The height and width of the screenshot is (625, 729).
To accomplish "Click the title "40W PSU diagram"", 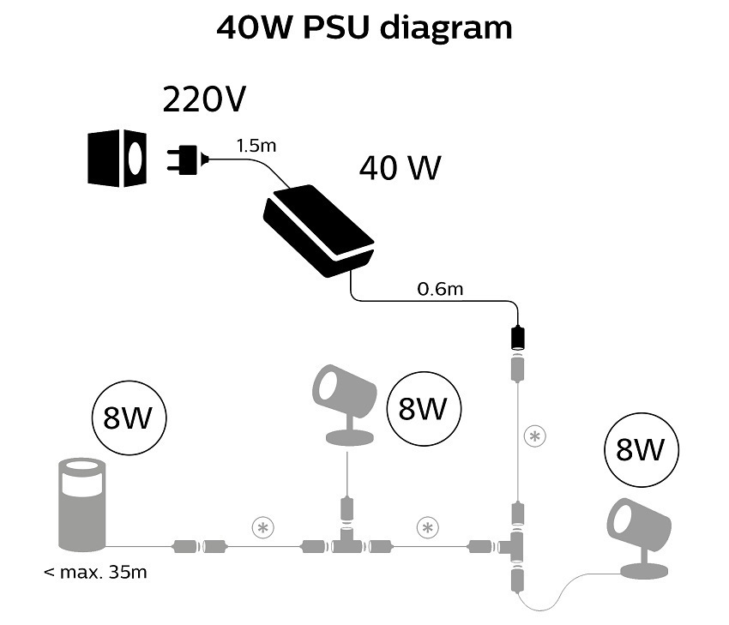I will pos(364,27).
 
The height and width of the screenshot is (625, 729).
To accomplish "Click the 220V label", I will pos(204,100).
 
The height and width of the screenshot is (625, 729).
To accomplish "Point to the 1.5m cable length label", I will pos(256,146).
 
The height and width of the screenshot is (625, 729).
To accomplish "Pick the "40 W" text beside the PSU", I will pos(400,168).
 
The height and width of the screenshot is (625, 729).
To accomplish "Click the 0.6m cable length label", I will pos(440,289).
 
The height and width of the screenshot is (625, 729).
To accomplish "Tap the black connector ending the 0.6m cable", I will pos(517,337).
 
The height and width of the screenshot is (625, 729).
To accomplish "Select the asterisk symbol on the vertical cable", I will pos(535,436).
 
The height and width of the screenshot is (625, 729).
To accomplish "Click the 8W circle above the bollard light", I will pos(129,419).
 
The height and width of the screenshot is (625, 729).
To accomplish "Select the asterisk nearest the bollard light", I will pos(261,526).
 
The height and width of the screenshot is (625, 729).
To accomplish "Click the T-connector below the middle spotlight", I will pos(347,544).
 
